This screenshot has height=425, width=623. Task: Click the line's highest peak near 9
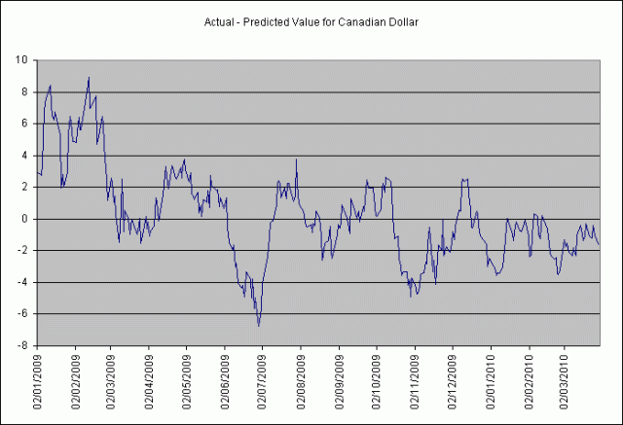click(x=89, y=78)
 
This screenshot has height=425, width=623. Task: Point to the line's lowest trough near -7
click(x=259, y=325)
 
